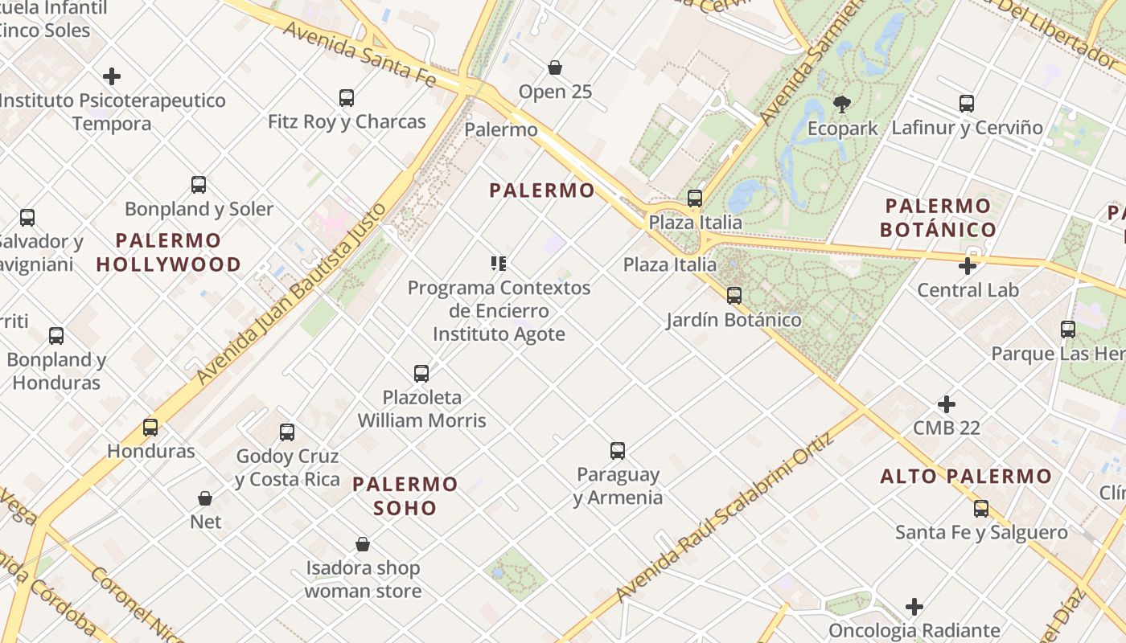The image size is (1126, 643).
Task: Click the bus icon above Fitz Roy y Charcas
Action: [347, 98]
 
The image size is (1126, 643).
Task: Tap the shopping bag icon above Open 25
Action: [555, 68]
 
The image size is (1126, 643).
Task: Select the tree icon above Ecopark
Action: [842, 104]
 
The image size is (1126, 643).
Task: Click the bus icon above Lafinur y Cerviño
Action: [967, 104]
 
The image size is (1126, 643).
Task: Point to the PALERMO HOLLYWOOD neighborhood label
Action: [169, 252]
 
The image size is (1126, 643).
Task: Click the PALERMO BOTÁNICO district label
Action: [938, 218]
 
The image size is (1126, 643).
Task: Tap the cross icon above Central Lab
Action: [968, 266]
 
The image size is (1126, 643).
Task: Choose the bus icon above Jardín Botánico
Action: [734, 296]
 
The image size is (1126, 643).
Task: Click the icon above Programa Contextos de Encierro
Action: [499, 264]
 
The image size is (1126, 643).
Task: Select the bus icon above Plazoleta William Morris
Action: [421, 373]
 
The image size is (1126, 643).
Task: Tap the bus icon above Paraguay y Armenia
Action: [618, 451]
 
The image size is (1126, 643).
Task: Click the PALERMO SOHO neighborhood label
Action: [405, 496]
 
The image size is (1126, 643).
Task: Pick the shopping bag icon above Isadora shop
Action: [363, 545]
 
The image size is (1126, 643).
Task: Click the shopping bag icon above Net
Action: [205, 498]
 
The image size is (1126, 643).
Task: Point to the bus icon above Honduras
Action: [150, 427]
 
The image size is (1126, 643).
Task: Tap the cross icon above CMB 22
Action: [947, 403]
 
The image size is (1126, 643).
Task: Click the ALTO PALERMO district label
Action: [966, 477]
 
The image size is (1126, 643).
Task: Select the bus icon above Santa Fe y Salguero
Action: [981, 509]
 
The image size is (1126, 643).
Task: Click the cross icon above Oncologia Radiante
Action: [914, 607]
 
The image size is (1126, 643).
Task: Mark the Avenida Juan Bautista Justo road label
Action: [292, 294]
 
